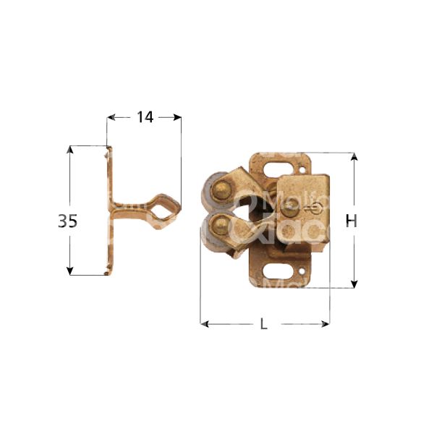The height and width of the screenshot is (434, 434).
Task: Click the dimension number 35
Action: pos(67,221)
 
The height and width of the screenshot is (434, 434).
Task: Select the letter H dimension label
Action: pos(352,221)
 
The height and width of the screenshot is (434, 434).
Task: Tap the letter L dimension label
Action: pos(264,325)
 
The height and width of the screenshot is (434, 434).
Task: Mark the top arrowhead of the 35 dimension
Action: pos(70,150)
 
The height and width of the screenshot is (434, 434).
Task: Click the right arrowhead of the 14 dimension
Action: pos(176,116)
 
